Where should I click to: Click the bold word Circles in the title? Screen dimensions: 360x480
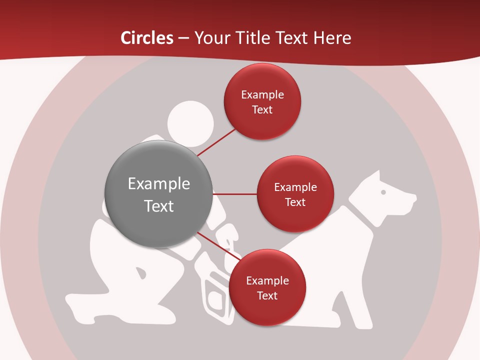click(147, 38)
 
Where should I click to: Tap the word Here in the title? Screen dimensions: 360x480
click(332, 38)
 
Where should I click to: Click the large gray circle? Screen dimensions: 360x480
click(159, 194)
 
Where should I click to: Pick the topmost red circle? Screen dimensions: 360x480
click(262, 101)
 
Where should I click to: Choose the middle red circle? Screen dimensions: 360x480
click(295, 194)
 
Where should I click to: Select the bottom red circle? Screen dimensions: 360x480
click(267, 288)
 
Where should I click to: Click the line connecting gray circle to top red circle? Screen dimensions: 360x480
click(217, 141)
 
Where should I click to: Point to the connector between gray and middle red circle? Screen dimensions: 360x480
click(235, 194)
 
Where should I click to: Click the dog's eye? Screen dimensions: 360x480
click(383, 191)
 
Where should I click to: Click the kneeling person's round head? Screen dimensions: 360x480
click(190, 122)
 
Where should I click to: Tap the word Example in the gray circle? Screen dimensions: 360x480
click(159, 184)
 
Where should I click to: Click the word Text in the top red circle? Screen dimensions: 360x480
click(262, 109)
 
